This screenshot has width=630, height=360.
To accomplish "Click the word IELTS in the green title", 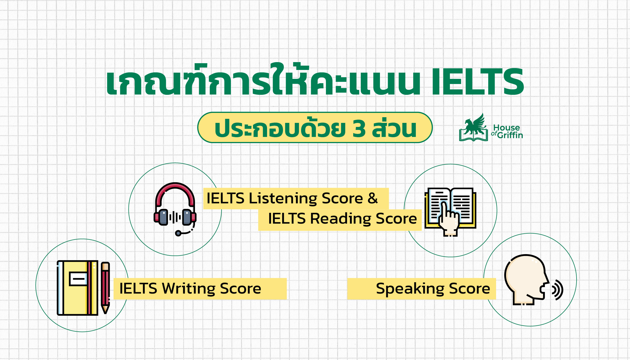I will [477, 82].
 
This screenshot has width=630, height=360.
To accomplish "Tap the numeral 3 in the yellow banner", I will [359, 129].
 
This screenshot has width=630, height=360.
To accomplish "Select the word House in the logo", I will [506, 127].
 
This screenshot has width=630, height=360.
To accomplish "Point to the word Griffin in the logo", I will [510, 135].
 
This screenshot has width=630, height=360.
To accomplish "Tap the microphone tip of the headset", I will [178, 233].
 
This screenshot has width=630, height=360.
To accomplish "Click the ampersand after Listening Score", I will [373, 198].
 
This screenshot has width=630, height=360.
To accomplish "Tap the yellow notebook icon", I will [78, 288].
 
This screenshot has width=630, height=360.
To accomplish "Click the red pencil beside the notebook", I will [105, 288].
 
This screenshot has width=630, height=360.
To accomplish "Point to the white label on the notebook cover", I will [78, 279].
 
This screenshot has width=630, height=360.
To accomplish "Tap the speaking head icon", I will [525, 280].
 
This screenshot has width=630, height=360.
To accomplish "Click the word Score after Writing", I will [240, 288].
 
